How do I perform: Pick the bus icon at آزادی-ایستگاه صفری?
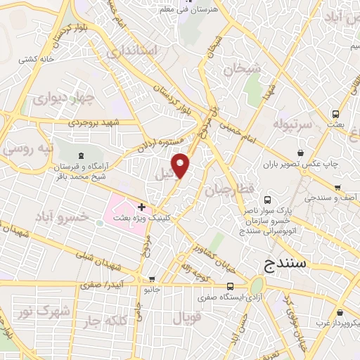[x=230, y=286]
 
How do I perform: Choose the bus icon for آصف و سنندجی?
[x=338, y=188]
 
